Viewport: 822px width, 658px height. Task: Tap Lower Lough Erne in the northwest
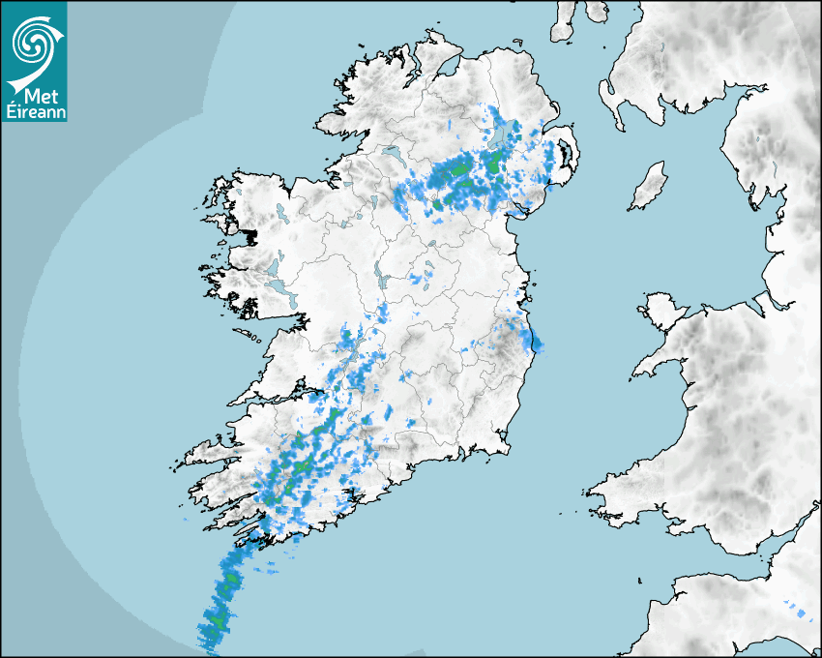pos(393,153)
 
